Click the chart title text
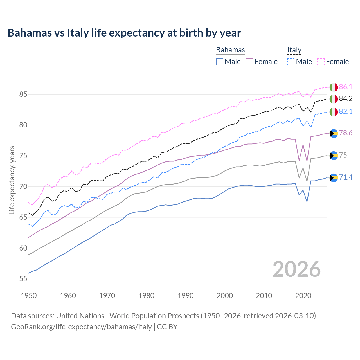click(124, 33)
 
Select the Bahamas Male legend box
click(220, 62)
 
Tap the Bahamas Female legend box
click(249, 62)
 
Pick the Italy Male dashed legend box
click(291, 62)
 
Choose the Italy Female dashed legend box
click(321, 62)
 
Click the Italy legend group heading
click(294, 50)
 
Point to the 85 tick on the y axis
click(23, 94)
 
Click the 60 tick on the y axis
click(23, 248)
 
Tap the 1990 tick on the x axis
click(186, 296)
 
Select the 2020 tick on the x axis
click(303, 296)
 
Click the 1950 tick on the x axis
click(29, 296)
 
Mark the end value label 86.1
click(346, 87)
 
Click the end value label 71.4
click(346, 177)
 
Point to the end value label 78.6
click(346, 133)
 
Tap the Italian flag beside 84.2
click(334, 99)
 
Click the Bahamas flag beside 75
click(334, 156)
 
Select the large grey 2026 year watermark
click(296, 269)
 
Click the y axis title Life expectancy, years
click(12, 180)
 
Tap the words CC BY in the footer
click(167, 327)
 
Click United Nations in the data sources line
click(80, 316)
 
